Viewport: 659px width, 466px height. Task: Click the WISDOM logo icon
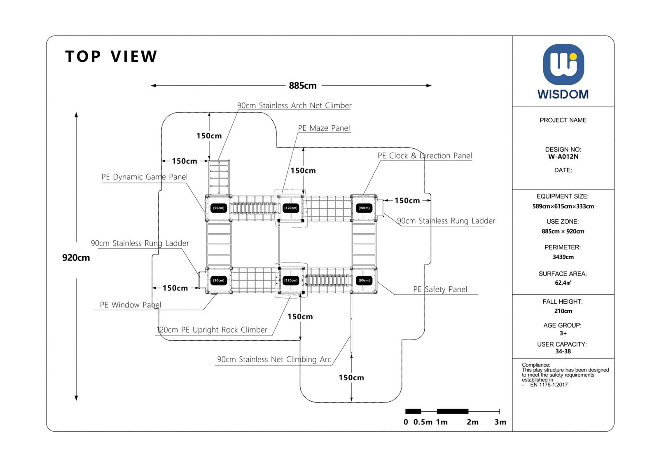pos(563,65)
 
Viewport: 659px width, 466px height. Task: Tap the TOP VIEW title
pos(111,56)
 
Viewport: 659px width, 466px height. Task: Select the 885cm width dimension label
pos(303,86)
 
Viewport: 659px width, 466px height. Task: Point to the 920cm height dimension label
pos(76,258)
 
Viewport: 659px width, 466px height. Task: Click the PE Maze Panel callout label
pos(324,128)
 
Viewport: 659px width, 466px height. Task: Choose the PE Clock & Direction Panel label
pos(425,156)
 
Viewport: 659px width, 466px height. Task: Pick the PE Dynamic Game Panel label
pos(145,177)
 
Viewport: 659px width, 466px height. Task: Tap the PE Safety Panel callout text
pos(440,289)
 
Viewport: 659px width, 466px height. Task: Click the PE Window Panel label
pos(130,305)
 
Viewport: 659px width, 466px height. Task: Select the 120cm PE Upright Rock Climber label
pos(212,330)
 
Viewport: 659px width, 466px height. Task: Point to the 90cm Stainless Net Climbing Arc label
pos(274,359)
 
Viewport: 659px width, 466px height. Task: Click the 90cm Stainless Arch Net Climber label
pos(294,105)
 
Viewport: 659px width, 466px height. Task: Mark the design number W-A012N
pos(563,157)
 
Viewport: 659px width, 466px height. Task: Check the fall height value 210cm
pos(563,311)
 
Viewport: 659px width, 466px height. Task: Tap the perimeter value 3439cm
pos(563,257)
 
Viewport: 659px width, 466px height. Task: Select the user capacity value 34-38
pos(563,351)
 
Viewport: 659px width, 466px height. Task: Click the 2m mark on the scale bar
pos(472,422)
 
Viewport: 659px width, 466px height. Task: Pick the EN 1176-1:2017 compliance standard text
pos(549,385)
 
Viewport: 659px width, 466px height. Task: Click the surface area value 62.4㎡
pos(563,283)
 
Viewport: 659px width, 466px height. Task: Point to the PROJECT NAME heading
pos(563,120)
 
